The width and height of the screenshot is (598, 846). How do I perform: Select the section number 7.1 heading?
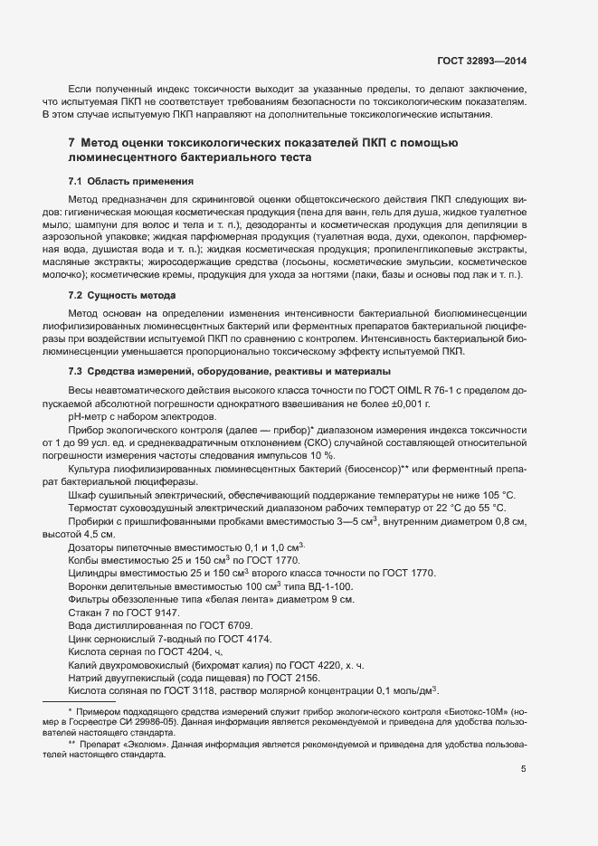[75, 181]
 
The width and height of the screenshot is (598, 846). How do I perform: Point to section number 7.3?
[75, 373]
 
